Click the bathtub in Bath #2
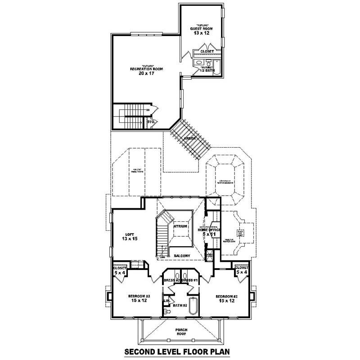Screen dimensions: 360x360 193,306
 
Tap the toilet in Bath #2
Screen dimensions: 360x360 169,311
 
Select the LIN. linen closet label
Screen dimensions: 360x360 166,300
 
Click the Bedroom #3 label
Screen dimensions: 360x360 139,296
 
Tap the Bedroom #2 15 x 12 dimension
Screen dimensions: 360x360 226,301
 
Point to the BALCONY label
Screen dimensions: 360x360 182,256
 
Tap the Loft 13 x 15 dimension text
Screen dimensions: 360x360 129,239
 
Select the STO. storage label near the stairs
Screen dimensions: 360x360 151,121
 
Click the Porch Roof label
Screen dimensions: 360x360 182,332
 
